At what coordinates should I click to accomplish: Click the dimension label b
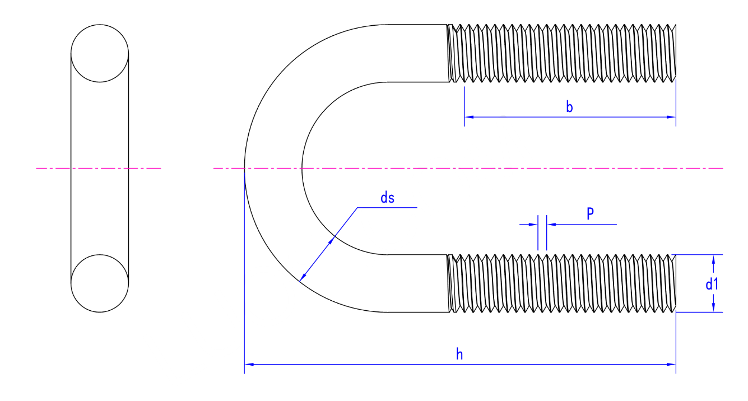coord(569,107)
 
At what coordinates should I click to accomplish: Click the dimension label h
coord(459,355)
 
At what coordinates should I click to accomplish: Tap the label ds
coord(387,198)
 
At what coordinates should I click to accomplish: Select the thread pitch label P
coord(590,213)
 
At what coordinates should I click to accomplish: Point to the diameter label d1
coord(712,284)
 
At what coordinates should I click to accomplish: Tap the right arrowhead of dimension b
coord(671,117)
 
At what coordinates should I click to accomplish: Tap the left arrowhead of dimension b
coord(469,117)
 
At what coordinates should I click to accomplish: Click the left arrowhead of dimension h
coord(249,364)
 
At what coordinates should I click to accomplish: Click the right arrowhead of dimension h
coord(671,364)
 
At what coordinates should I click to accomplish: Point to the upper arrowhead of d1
coord(714,259)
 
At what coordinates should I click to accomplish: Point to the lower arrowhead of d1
coord(714,307)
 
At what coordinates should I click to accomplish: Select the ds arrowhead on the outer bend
coord(303,277)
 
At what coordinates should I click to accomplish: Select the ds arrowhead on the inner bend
coord(331,240)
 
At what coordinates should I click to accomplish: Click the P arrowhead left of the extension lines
coord(533,225)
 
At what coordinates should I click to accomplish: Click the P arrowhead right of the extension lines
coord(551,225)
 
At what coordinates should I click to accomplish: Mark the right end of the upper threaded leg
coord(676,53)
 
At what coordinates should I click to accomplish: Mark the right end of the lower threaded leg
coord(676,283)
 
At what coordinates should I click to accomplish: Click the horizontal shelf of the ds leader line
coord(387,208)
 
